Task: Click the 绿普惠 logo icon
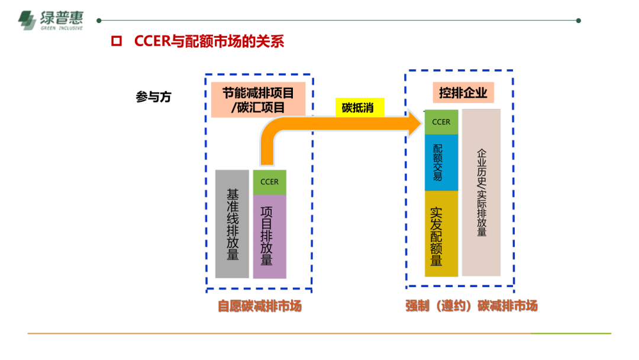pos(27,20)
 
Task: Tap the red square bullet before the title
pos(117,41)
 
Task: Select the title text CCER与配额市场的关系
pos(209,41)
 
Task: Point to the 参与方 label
pos(153,97)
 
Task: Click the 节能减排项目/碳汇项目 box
pos(258,100)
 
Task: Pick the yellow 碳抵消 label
pos(360,108)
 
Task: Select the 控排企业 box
pos(463,92)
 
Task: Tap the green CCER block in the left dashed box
pos(269,182)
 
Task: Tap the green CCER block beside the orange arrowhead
pos(441,122)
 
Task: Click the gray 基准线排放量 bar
pos(232,224)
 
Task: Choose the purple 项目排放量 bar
pos(269,236)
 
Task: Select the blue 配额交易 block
pos(441,163)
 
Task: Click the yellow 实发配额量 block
pos(441,234)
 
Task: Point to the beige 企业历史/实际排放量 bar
pos(481,192)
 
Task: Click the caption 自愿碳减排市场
pos(260,306)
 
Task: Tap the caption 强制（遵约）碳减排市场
pos(472,306)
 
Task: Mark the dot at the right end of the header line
pos(578,20)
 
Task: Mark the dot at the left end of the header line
pos(99,20)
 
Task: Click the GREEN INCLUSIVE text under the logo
pos(62,28)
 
